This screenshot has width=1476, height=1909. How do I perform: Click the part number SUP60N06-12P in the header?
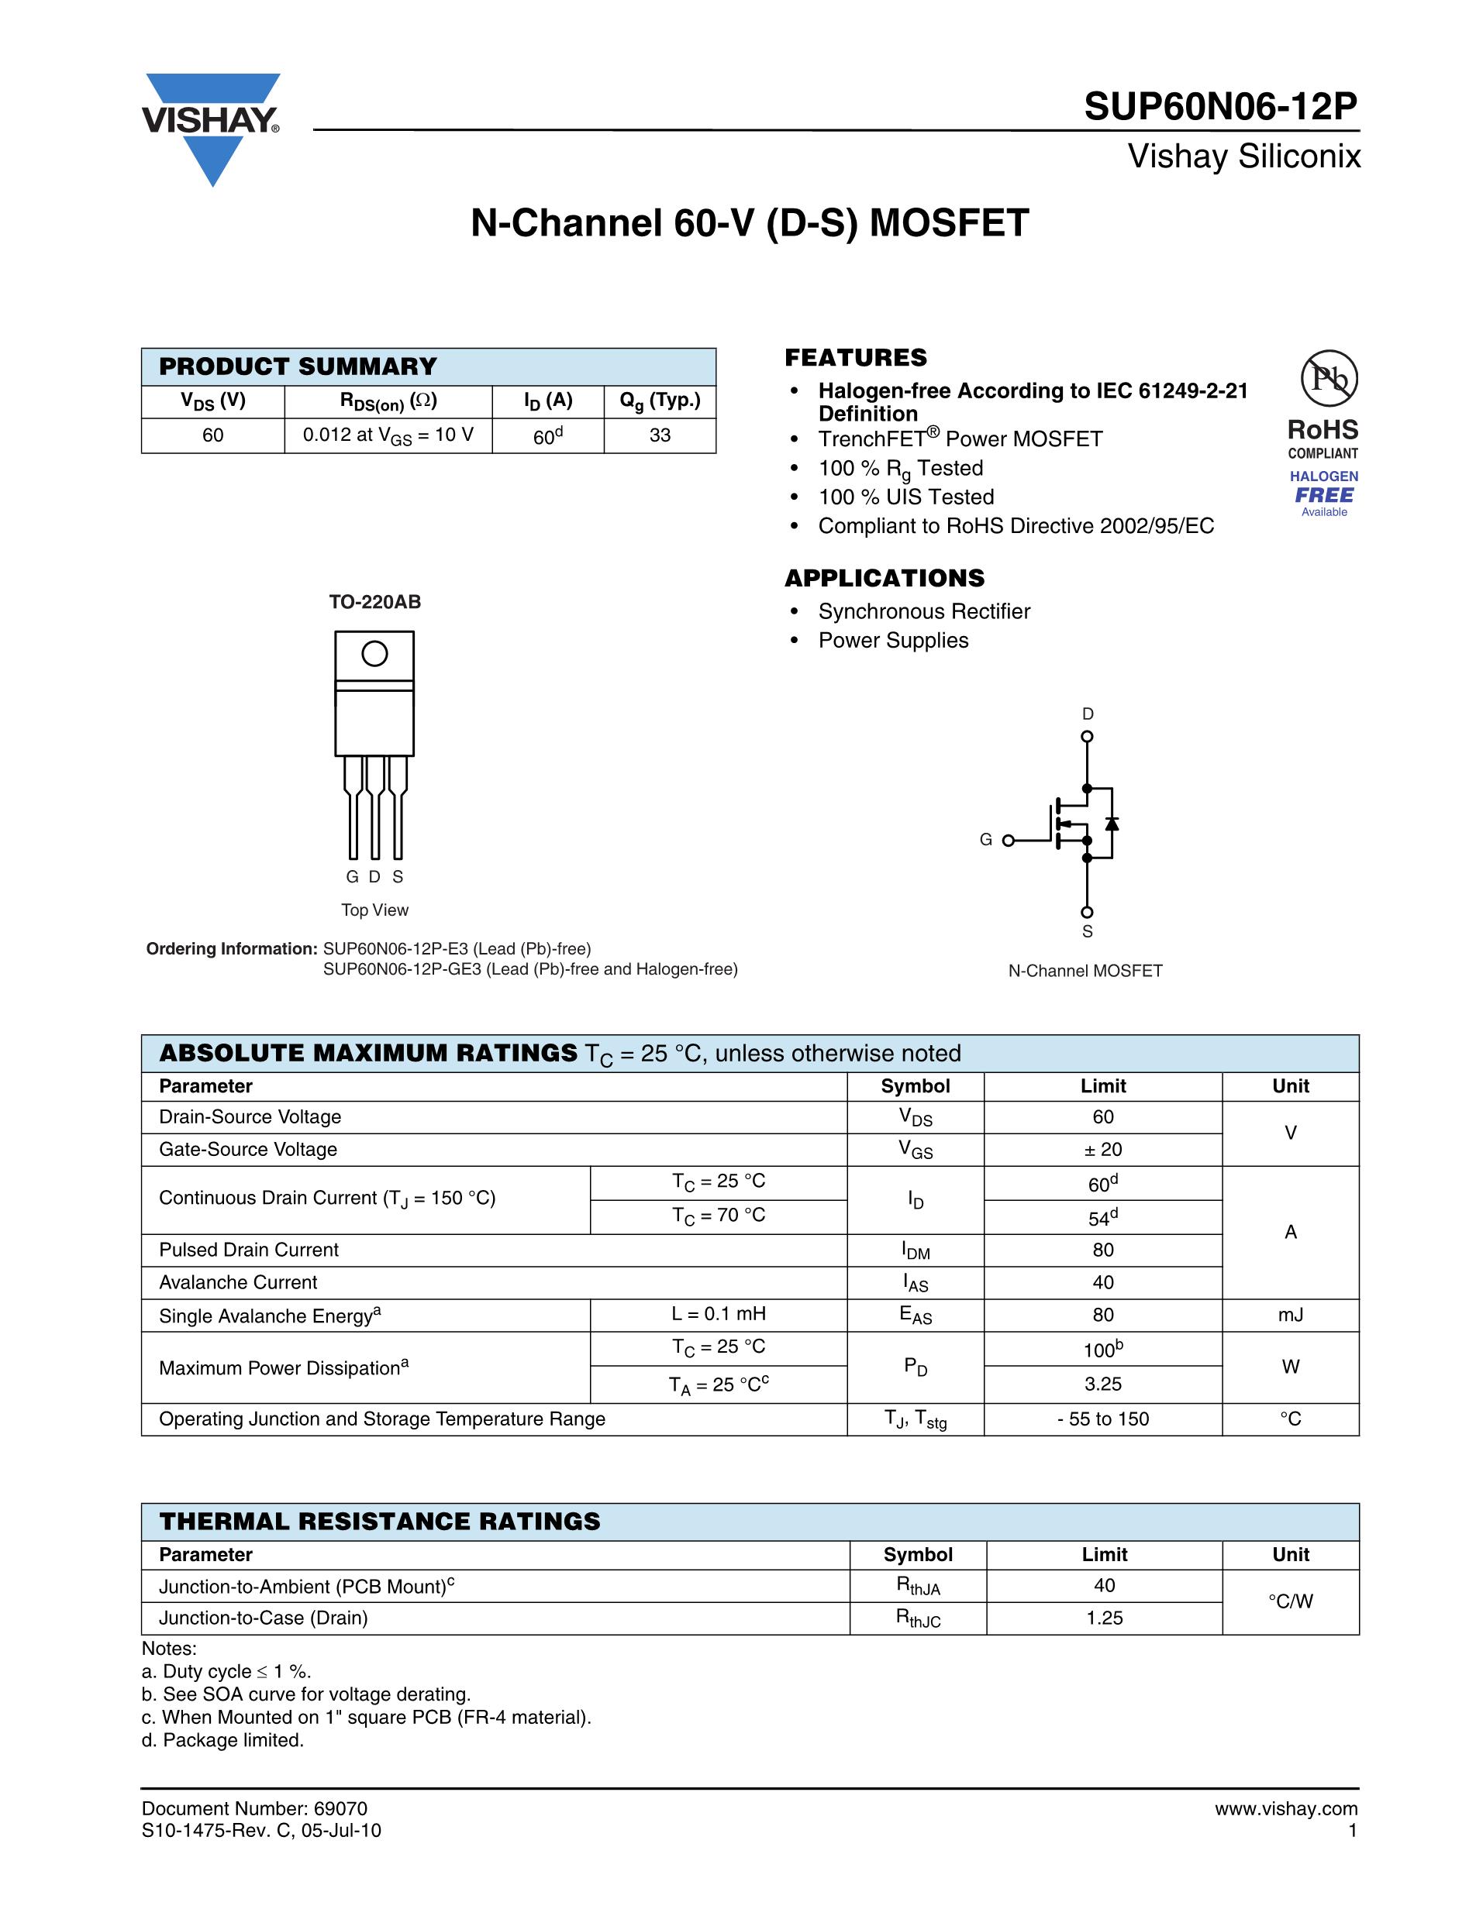[x=1220, y=107]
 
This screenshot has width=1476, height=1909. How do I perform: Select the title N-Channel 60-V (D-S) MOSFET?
[x=750, y=223]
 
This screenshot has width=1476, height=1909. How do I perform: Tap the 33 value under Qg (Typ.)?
[x=659, y=435]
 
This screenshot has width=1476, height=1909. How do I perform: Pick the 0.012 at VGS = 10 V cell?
[x=388, y=435]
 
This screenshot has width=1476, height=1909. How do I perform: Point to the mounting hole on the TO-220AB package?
[x=374, y=654]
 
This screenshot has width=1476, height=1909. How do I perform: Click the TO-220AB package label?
[x=374, y=601]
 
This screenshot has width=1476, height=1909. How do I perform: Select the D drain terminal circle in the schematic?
[x=1087, y=737]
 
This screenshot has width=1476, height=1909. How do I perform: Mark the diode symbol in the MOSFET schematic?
[x=1112, y=824]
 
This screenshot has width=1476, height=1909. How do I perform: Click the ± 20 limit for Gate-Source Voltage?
[x=1102, y=1150]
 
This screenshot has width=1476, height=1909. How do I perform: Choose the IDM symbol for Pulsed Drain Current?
[x=915, y=1250]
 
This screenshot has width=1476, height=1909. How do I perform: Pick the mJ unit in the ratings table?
[x=1290, y=1315]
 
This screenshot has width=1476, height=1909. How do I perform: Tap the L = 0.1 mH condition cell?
[x=718, y=1314]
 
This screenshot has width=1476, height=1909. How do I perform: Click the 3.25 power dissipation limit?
[x=1102, y=1384]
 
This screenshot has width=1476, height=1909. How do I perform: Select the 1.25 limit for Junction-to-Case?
[x=1105, y=1618]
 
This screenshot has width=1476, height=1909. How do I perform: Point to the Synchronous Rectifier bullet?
[x=923, y=611]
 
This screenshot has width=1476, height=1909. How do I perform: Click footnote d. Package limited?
[x=223, y=1739]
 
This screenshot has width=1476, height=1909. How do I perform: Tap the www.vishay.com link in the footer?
[x=1285, y=1808]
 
